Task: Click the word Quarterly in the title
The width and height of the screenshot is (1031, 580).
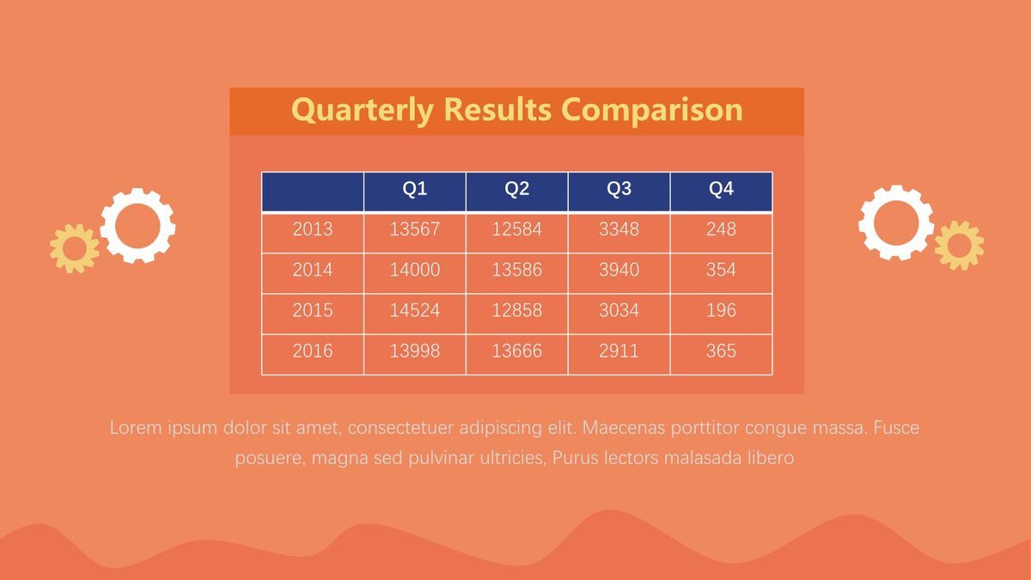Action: pos(363,111)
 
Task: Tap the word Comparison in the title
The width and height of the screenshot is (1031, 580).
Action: pos(652,110)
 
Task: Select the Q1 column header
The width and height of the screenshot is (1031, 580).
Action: pos(415,192)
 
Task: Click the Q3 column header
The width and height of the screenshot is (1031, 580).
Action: pos(619,192)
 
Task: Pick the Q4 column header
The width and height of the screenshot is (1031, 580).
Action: pos(721,192)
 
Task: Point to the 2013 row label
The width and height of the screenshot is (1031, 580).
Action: pos(313,233)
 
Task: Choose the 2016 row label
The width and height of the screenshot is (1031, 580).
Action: pos(313,354)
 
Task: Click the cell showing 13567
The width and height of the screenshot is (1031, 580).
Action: pos(415,233)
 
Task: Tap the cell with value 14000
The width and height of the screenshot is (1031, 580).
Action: pos(415,273)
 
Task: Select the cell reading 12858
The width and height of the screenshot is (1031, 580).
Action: pos(517,314)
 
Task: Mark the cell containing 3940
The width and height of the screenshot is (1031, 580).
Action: pos(619,273)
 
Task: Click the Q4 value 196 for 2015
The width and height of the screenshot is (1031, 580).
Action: pos(721,314)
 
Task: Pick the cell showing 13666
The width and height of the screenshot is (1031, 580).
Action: pos(517,354)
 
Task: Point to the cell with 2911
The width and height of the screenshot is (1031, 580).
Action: pos(619,354)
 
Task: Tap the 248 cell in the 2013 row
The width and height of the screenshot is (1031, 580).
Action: pos(721,233)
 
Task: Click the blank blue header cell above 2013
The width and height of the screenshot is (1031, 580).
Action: pos(313,192)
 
